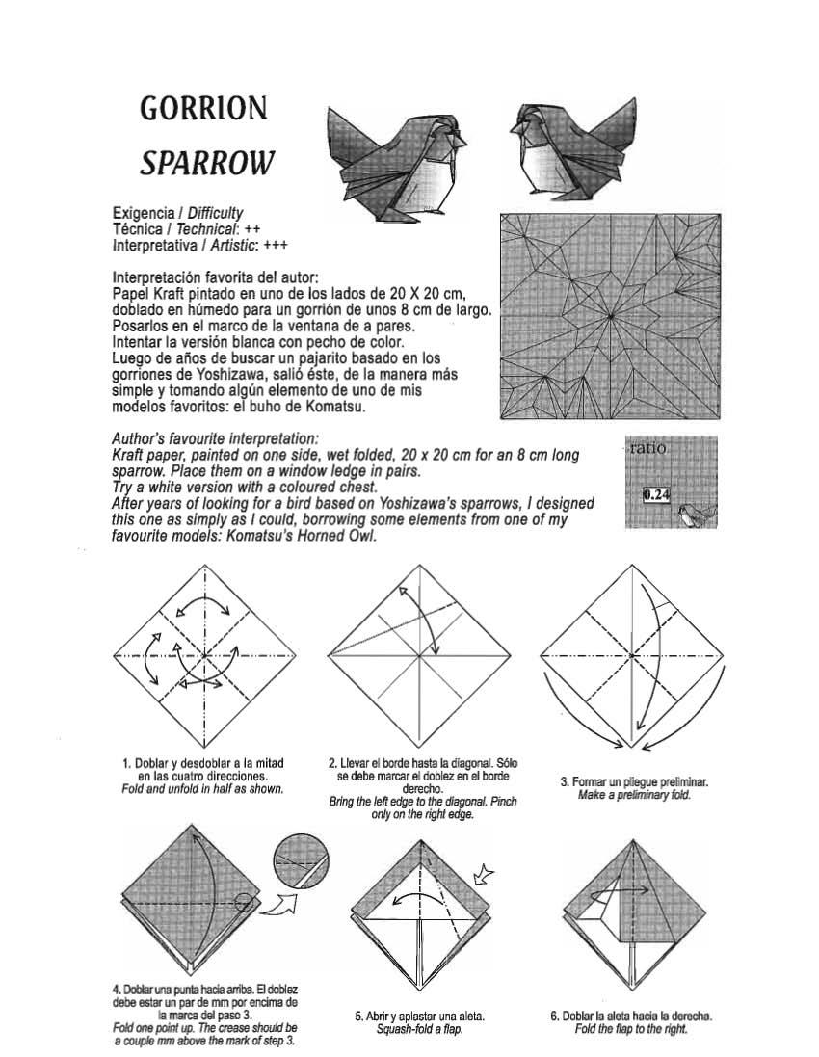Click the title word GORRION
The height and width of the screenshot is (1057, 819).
click(203, 108)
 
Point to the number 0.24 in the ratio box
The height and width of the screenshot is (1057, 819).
click(657, 495)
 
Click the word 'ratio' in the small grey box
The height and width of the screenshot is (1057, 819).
click(649, 449)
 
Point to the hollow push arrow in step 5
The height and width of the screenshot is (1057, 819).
click(485, 875)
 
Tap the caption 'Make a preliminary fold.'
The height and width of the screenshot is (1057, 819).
click(634, 796)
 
